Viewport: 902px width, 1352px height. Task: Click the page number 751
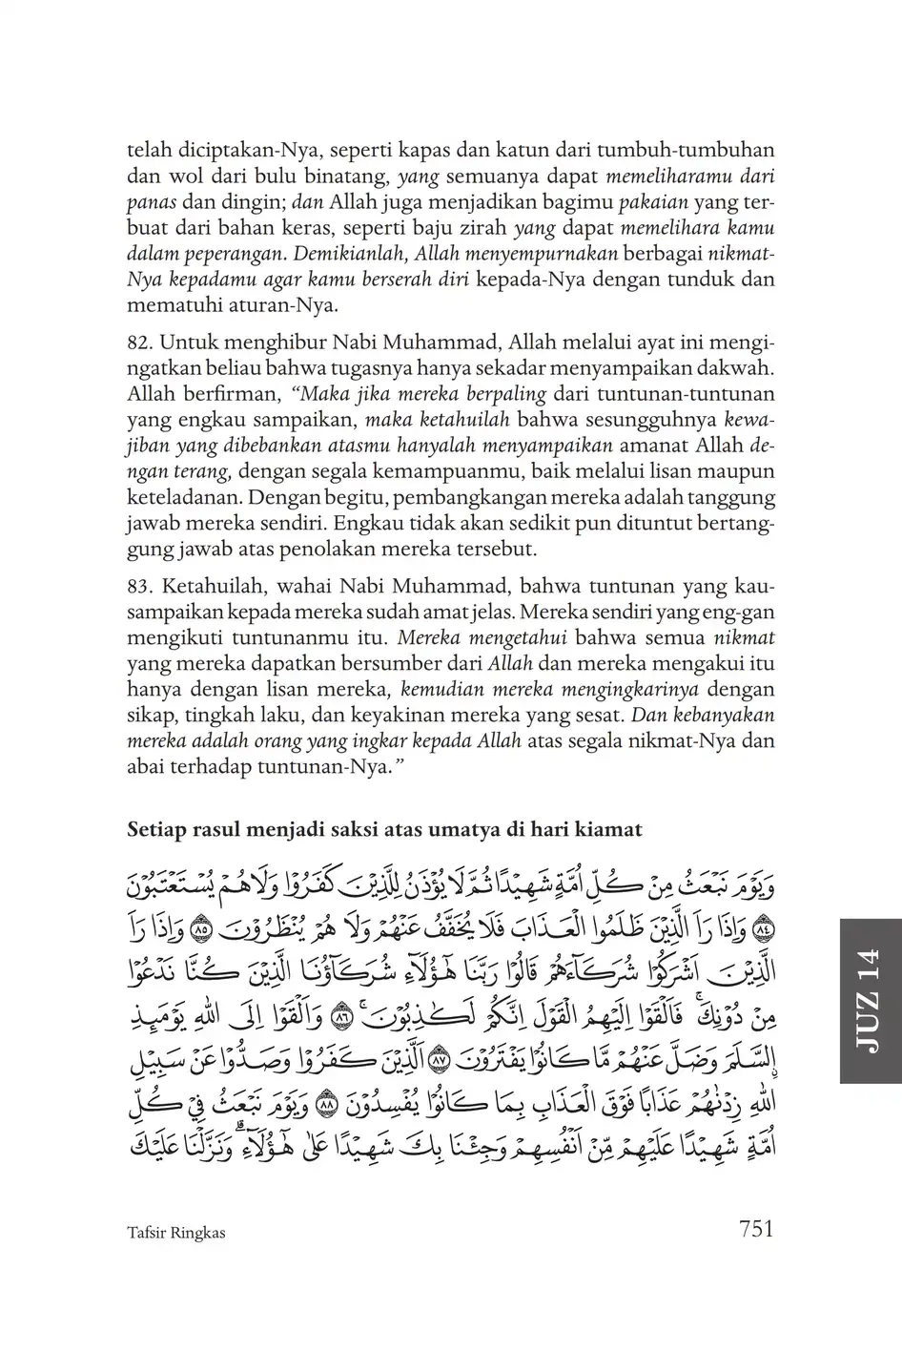(755, 1230)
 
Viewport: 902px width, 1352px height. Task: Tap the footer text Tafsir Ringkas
(175, 1233)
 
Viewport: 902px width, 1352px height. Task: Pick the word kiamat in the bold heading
(609, 830)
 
